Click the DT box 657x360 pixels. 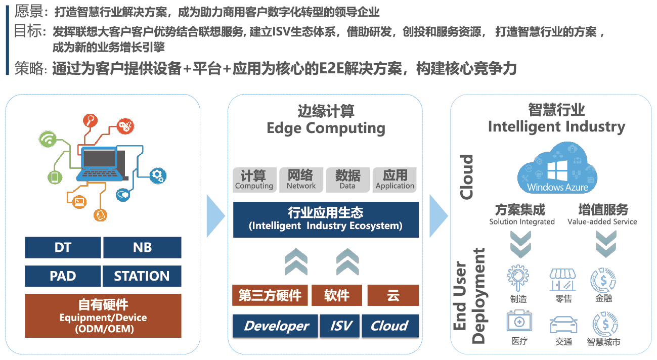[63, 248]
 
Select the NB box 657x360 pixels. [142, 248]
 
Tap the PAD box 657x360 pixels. [63, 276]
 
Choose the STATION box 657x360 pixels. [142, 276]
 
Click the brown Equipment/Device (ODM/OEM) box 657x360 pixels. [103, 316]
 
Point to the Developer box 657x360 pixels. [276, 326]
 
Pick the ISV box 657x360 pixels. [340, 326]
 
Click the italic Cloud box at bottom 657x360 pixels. [390, 326]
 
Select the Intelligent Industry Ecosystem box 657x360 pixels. [326, 219]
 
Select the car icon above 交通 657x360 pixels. [563, 324]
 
